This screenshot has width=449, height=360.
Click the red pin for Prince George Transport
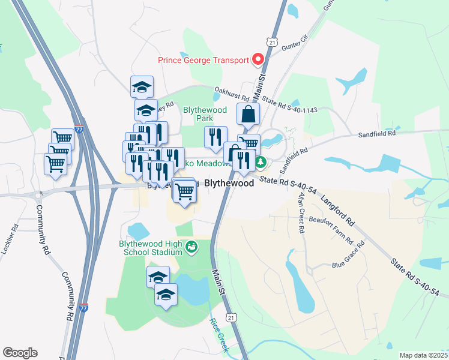(x=259, y=59)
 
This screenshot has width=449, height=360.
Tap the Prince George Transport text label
(x=203, y=60)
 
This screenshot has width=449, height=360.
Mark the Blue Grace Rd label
(x=348, y=254)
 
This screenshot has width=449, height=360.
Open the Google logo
(x=20, y=353)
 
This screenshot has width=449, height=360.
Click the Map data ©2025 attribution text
(x=423, y=355)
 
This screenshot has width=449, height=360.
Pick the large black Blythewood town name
(x=229, y=184)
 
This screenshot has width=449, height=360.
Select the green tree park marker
(x=261, y=162)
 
